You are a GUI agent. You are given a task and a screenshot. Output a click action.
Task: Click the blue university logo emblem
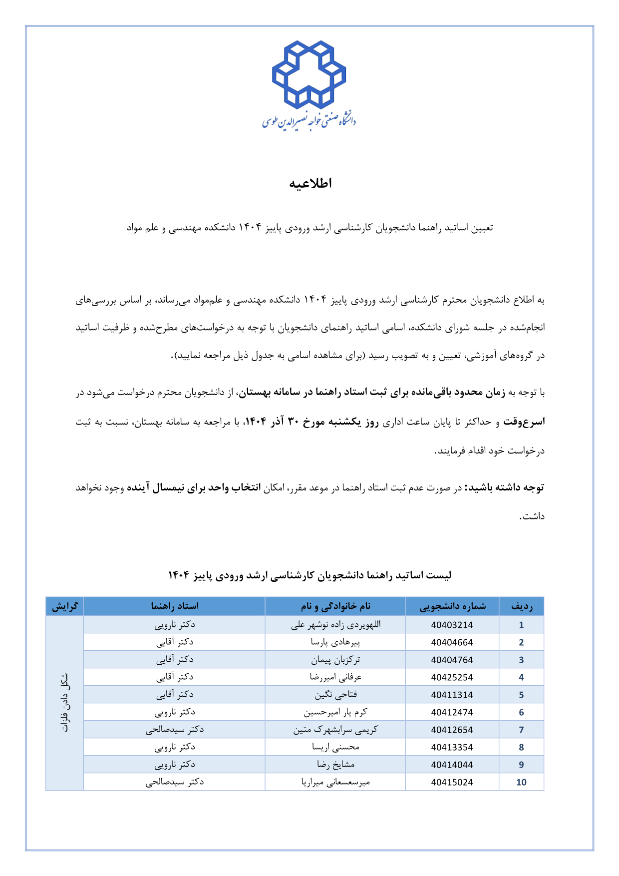click(x=309, y=74)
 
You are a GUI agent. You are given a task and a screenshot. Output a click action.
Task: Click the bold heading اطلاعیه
click(x=310, y=184)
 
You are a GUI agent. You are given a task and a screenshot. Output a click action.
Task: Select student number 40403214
click(x=452, y=625)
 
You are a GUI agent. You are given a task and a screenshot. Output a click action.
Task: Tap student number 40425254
click(x=452, y=677)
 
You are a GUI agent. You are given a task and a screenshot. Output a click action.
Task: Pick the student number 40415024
click(x=452, y=782)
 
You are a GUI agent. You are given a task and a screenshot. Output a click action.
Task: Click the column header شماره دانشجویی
click(x=452, y=606)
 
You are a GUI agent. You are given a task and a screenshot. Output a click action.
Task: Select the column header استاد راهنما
click(x=175, y=606)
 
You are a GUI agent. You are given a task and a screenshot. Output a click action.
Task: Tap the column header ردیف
click(x=521, y=606)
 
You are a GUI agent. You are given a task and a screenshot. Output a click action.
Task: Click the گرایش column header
click(x=65, y=606)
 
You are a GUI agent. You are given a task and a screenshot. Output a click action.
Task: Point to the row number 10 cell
click(x=521, y=782)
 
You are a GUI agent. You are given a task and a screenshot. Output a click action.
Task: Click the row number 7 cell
click(x=521, y=730)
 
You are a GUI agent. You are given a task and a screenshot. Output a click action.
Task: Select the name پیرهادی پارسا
click(x=335, y=642)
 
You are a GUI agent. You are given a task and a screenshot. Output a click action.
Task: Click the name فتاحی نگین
click(x=335, y=695)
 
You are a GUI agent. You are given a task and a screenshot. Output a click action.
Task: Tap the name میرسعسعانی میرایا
click(x=335, y=782)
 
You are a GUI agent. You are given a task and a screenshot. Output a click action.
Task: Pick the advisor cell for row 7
click(x=175, y=730)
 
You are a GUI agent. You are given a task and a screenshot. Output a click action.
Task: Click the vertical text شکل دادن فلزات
click(x=65, y=703)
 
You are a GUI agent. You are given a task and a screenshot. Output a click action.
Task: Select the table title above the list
click(x=309, y=575)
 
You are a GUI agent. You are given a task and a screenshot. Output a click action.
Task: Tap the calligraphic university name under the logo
click(x=309, y=120)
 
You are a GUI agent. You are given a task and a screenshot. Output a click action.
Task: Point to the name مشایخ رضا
click(x=335, y=765)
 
